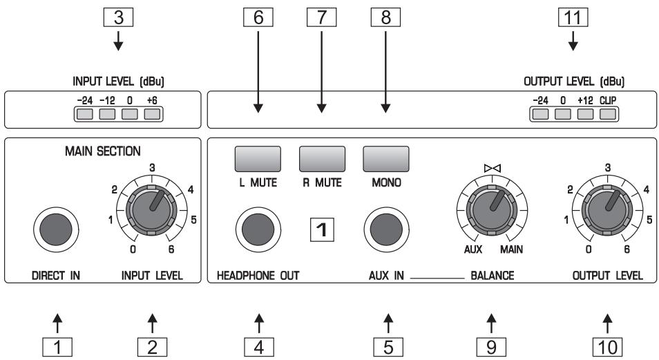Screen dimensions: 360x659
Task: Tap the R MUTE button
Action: click(322, 159)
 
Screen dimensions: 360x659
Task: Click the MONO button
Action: click(386, 159)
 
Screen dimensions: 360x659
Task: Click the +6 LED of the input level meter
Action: click(152, 113)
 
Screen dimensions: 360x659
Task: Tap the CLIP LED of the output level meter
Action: click(608, 113)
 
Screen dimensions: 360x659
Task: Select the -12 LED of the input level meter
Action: click(107, 113)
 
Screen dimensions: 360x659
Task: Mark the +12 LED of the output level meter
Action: click(586, 113)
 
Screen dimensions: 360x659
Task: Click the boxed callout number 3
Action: click(118, 17)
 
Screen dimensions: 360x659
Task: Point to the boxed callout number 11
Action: click(573, 17)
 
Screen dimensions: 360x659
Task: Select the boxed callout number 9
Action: click(491, 345)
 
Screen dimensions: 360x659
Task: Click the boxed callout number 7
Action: click(322, 17)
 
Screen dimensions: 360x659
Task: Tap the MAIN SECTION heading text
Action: click(101, 150)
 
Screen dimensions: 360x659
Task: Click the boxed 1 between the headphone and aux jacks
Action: click(322, 229)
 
